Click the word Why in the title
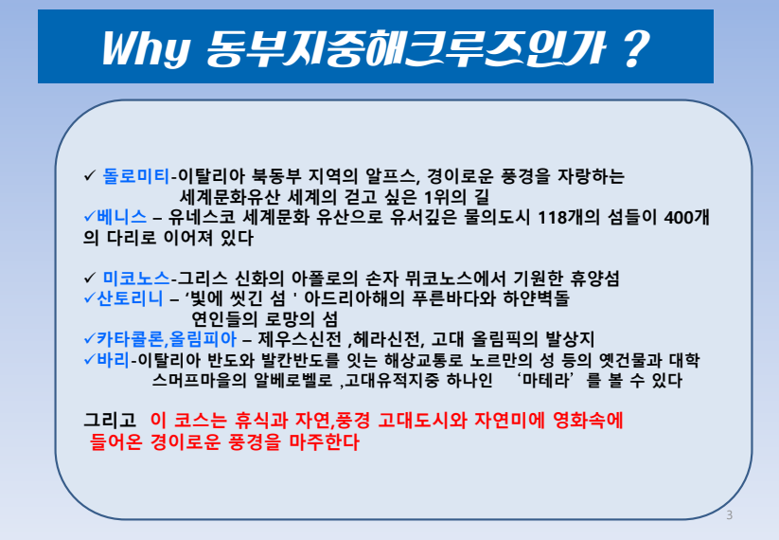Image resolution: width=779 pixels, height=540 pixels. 146,48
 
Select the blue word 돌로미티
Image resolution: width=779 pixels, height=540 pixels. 136,176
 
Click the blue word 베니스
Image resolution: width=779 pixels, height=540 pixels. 121,217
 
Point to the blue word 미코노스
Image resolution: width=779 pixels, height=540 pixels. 136,278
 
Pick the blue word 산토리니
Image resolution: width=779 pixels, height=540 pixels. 130,298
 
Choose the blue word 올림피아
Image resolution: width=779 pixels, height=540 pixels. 203,339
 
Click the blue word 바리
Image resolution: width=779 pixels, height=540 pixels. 113,359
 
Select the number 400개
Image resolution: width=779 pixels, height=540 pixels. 686,217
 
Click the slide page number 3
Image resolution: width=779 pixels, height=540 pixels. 730,515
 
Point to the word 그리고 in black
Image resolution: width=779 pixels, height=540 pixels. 110,421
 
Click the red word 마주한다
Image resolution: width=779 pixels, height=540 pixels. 324,441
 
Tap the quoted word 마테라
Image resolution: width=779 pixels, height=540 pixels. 547,380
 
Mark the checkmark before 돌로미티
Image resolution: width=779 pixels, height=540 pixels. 89,175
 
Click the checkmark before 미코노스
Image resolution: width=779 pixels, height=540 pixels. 89,278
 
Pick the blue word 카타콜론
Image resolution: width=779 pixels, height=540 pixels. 130,339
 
